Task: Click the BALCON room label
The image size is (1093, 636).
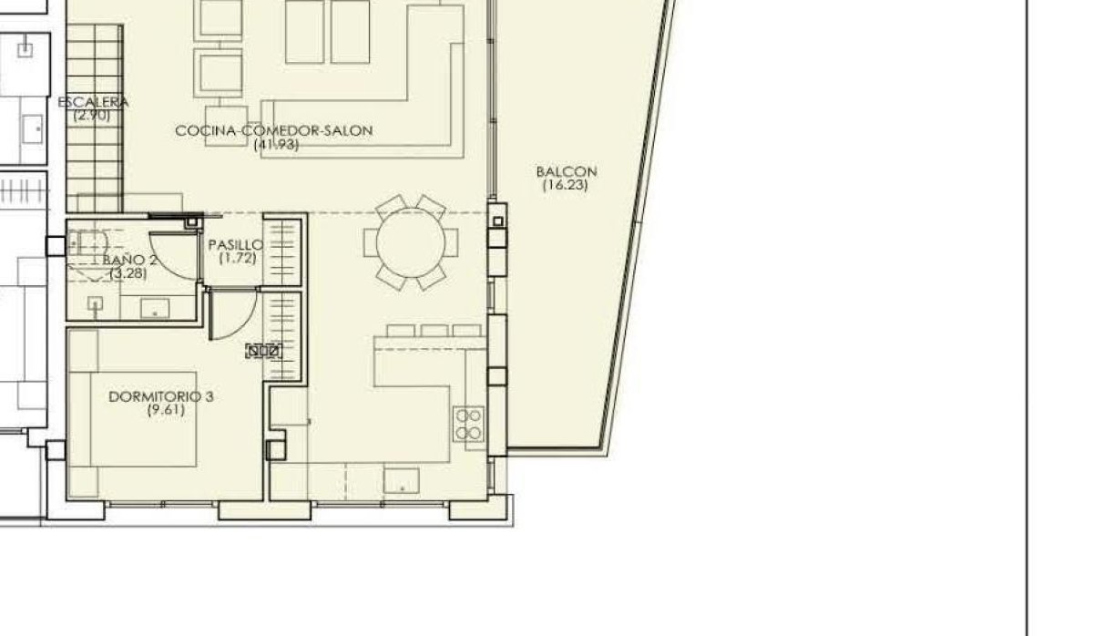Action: click(566, 171)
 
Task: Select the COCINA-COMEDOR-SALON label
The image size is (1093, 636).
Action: click(274, 131)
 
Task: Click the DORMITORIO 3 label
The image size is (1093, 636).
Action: click(160, 396)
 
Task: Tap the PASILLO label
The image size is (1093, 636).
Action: click(235, 245)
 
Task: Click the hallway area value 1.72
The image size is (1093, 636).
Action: click(237, 259)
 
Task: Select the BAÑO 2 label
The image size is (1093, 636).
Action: click(133, 260)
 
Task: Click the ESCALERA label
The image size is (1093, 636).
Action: click(93, 103)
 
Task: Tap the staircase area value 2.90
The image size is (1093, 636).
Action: click(92, 116)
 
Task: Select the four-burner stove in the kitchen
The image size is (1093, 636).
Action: click(469, 425)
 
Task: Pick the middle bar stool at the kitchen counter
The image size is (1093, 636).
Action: click(434, 330)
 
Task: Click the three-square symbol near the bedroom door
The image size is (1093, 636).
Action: click(263, 350)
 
